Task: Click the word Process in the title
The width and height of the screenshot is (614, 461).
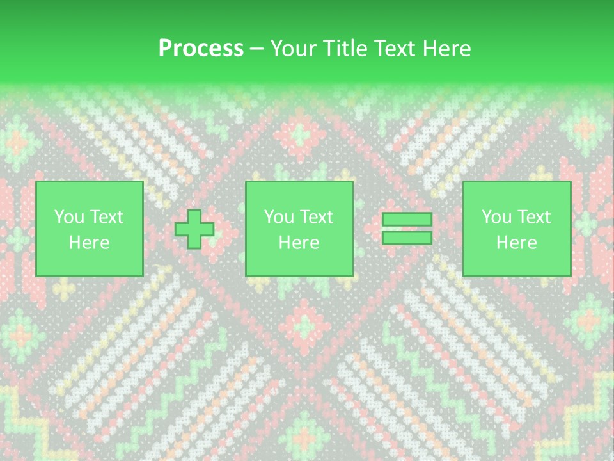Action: click(201, 49)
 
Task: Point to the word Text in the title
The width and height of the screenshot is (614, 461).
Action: click(395, 49)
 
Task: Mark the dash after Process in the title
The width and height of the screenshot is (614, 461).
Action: click(256, 49)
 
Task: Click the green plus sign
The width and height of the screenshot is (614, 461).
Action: click(194, 229)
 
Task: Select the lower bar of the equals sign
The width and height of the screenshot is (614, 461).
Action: click(407, 238)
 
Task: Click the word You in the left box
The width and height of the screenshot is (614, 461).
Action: click(69, 217)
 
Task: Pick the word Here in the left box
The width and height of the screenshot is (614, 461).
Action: click(89, 243)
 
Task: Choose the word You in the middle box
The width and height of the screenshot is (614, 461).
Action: click(279, 217)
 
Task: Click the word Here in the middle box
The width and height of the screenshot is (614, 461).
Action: click(299, 243)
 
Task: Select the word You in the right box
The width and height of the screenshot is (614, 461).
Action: click(497, 217)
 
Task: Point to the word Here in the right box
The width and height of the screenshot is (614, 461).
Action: click(516, 243)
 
